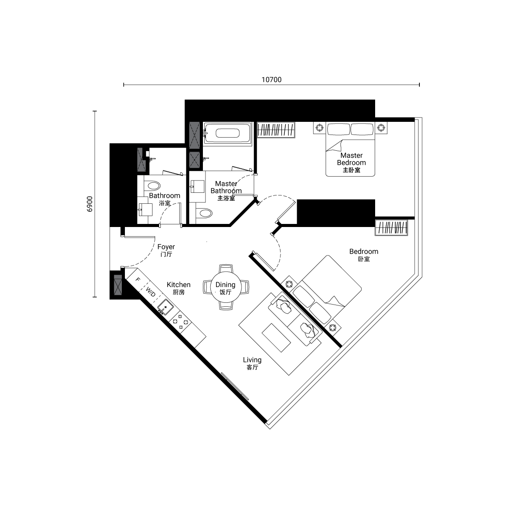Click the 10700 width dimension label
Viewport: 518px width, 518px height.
click(272, 80)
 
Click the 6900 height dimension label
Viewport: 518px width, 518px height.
click(89, 204)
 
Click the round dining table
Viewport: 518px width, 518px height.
click(226, 287)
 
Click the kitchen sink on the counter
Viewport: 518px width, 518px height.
click(166, 307)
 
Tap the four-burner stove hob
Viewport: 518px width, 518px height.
click(180, 322)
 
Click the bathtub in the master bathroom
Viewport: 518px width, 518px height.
click(227, 133)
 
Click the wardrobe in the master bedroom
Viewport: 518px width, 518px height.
click(276, 130)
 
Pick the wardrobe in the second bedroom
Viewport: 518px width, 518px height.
click(391, 227)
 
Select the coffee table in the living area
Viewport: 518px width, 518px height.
click(276, 337)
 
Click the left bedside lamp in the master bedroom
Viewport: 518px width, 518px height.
click(319, 128)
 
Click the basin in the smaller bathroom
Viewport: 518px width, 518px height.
click(145, 209)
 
